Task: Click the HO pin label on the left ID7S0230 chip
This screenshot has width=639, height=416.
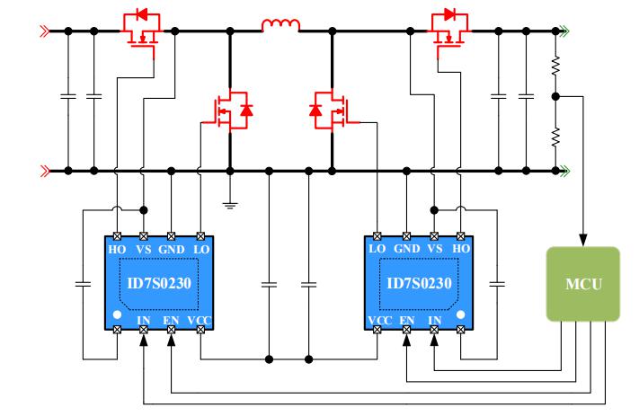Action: coord(117,247)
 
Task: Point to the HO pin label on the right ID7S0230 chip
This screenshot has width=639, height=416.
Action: coord(461,247)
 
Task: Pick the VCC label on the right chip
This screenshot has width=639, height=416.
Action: coord(378,319)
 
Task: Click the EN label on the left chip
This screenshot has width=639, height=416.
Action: coord(172,319)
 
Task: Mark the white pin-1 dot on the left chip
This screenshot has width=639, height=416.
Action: coord(118,314)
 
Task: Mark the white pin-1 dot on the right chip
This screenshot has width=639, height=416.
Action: coord(461,314)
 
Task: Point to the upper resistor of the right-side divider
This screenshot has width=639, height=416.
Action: coord(556,66)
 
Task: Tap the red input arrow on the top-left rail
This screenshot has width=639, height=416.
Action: coord(43,31)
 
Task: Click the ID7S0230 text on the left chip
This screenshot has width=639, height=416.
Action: coord(158,283)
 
